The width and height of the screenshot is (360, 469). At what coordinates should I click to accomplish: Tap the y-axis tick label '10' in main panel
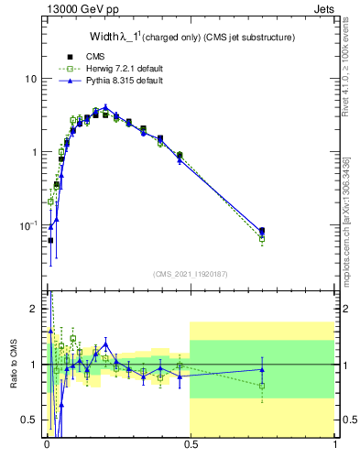pos(30,79)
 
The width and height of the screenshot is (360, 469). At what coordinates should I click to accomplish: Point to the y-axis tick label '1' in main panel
pos(34,151)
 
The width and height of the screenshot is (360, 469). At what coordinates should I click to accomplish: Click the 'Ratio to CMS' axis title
pos(12,364)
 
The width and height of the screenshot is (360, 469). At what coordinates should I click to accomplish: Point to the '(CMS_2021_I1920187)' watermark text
pos(190,274)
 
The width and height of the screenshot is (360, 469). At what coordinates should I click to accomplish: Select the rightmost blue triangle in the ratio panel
pos(262,370)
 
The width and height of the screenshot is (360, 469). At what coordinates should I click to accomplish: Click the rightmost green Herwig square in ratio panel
pos(262,386)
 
